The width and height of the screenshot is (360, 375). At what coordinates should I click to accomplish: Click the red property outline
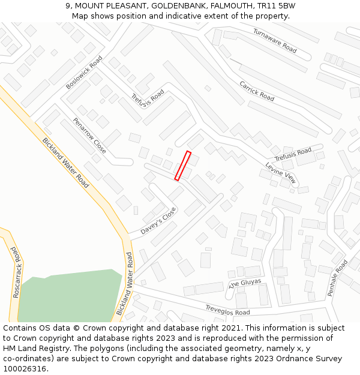[x=183, y=166]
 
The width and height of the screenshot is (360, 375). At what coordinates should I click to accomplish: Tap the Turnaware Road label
[x=275, y=40]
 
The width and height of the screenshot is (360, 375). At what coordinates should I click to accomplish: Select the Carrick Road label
[x=257, y=91]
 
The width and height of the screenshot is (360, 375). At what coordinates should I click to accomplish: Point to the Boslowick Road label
[x=84, y=73]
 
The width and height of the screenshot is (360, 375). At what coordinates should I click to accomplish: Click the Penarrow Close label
[x=89, y=135]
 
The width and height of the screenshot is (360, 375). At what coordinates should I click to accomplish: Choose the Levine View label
[x=281, y=173]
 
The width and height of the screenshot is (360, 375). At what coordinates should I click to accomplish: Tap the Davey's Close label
[x=158, y=221]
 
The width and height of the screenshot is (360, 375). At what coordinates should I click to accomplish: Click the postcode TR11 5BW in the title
[x=277, y=6]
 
